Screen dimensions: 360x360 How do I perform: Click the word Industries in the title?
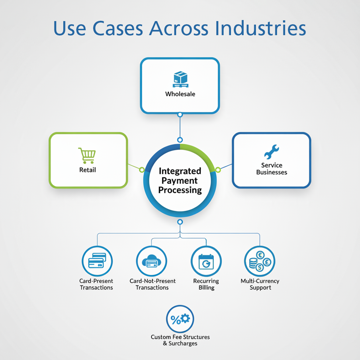[x=260, y=28]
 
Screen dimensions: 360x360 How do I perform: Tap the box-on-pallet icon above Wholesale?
[x=180, y=79]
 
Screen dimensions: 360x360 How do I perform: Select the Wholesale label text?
[x=180, y=94]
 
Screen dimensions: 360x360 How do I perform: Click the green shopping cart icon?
[x=87, y=155]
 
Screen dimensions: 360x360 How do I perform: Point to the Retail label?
[x=88, y=170]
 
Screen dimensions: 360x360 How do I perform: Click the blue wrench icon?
[x=271, y=152]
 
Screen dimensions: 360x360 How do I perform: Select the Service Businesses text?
[x=271, y=169]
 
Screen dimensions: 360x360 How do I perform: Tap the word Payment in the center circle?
[x=179, y=181]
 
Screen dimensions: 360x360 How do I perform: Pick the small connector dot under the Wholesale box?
[x=180, y=115]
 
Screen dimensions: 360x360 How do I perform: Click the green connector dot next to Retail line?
[x=142, y=170]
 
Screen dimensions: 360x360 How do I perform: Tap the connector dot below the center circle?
[x=180, y=222]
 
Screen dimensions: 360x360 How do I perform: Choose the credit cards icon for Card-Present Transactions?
[x=97, y=261]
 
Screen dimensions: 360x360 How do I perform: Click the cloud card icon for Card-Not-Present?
[x=151, y=261]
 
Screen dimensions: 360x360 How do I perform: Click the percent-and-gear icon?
[x=180, y=319]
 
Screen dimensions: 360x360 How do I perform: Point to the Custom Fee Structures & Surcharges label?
[x=180, y=340]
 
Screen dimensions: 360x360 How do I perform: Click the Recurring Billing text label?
[x=206, y=284]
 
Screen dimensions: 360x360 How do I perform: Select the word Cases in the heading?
[x=118, y=28]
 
